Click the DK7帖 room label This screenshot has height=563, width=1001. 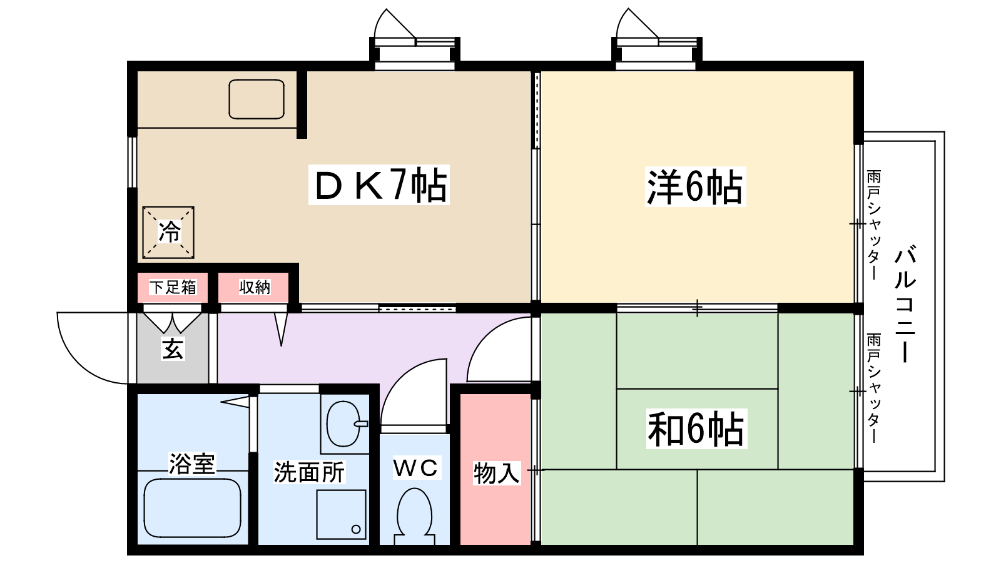379,185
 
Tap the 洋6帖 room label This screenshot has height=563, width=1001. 695,186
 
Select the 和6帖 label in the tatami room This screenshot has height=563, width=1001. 696,429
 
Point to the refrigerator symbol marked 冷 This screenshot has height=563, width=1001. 168,232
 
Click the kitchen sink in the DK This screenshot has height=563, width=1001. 257,99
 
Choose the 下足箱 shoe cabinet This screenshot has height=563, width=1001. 173,287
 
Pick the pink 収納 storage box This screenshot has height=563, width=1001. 254,287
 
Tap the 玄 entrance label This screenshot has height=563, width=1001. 173,348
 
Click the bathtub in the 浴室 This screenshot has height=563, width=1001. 192,508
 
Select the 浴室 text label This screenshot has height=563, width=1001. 192,464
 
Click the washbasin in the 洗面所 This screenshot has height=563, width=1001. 343,424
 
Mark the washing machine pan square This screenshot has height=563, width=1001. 341,514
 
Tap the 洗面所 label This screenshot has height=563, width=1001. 309,472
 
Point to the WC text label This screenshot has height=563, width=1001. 415,467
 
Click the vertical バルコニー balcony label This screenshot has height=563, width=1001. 905,305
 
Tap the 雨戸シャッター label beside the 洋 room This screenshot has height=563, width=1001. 873,225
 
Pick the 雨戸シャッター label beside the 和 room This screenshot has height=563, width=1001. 873,388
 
